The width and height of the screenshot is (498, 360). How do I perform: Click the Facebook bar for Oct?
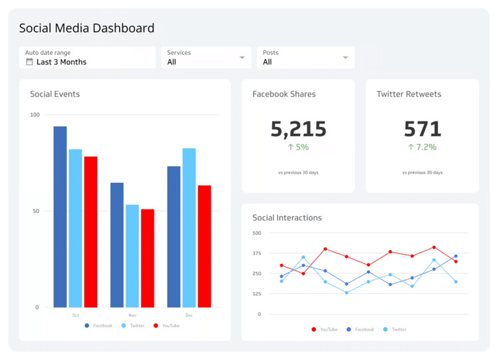(60, 216)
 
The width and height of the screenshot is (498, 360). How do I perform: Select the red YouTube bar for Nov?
(147, 258)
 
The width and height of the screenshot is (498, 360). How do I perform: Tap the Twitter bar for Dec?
(189, 228)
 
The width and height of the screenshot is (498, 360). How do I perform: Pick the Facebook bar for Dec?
(174, 236)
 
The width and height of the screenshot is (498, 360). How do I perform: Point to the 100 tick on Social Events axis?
(35, 115)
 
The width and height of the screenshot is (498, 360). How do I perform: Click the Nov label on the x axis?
(132, 315)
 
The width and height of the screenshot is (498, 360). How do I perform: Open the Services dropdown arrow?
(242, 58)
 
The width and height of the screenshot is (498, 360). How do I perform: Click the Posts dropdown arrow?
(345, 58)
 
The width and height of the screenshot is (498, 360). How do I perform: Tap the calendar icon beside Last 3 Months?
(30, 62)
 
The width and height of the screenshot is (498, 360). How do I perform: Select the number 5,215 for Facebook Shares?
(298, 129)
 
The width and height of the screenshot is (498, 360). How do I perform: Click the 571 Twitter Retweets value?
(422, 129)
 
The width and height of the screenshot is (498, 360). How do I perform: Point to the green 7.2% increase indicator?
(422, 147)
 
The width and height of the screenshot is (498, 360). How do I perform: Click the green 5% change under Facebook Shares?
(298, 147)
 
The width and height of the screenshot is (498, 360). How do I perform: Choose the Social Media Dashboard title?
(87, 28)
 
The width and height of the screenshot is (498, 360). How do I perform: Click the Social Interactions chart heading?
(287, 218)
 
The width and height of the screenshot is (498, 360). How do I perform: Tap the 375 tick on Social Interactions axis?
(257, 253)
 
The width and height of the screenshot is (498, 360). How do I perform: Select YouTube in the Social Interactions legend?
(324, 329)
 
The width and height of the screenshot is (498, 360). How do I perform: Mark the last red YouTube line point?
(456, 261)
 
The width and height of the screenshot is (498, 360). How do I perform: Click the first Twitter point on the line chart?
(281, 281)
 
